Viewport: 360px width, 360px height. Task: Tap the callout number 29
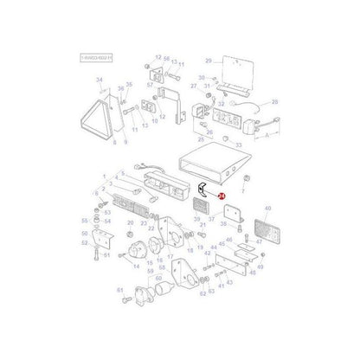(x=209, y=61)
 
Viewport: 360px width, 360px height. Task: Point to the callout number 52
(x=86, y=243)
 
